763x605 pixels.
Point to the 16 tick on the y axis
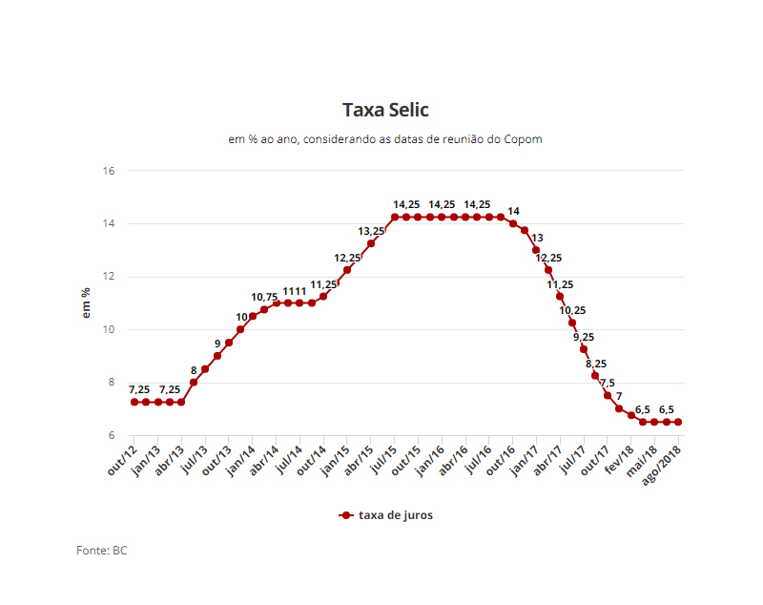pyautogui.click(x=109, y=171)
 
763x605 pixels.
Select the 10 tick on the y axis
pyautogui.click(x=109, y=330)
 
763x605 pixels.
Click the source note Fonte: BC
pyautogui.click(x=102, y=551)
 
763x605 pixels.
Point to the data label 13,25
pyautogui.click(x=371, y=231)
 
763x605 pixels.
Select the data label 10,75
pyautogui.click(x=264, y=298)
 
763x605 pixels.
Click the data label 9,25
pyautogui.click(x=584, y=337)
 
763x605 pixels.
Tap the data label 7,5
pyautogui.click(x=608, y=383)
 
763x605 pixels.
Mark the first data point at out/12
pyautogui.click(x=134, y=403)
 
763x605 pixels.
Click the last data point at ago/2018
pyautogui.click(x=678, y=422)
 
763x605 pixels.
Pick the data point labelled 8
pyautogui.click(x=194, y=383)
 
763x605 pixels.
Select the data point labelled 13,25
pyautogui.click(x=371, y=243)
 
